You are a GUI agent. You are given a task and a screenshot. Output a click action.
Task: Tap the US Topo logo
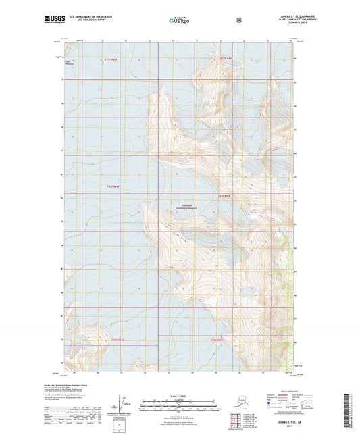coord(179,21)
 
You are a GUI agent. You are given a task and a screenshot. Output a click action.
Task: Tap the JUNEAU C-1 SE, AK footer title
coord(292,421)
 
